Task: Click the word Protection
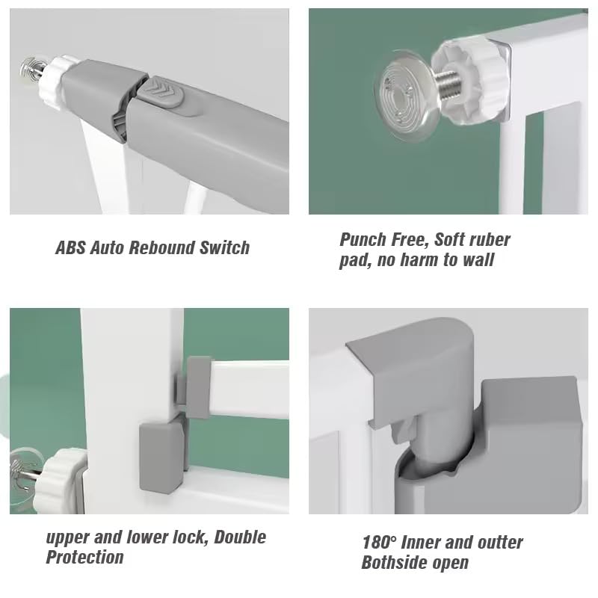(84, 557)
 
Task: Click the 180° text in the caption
(378, 542)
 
